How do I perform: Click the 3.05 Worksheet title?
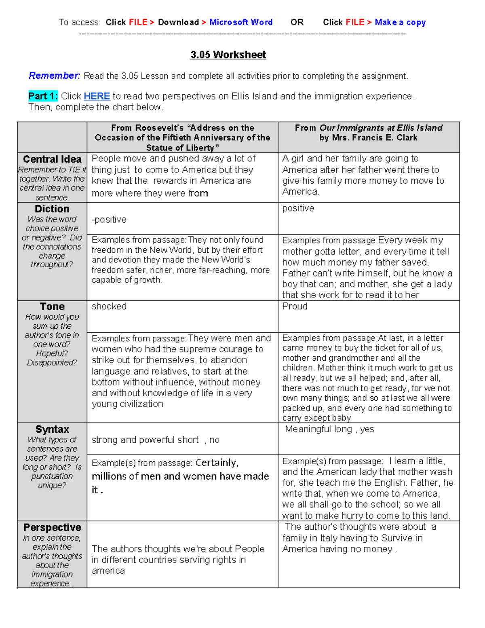coord(228,55)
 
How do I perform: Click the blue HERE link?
coord(97,96)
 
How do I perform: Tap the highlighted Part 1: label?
coord(43,96)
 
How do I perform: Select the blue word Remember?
coord(54,76)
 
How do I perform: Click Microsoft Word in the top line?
coord(241,22)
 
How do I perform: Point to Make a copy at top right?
coord(400,22)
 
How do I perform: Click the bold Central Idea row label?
coord(52,159)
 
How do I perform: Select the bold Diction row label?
coord(52,209)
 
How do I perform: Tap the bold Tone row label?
coord(52,307)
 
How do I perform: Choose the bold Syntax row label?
coord(52,429)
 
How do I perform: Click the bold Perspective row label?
coord(52,527)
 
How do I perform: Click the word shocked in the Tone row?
coord(109,307)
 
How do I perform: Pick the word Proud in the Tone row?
coord(295,307)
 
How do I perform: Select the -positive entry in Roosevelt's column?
coord(109,220)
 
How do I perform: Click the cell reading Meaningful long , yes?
coord(329,429)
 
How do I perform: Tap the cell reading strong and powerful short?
coord(145,440)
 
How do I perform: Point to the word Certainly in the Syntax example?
coord(217,463)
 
